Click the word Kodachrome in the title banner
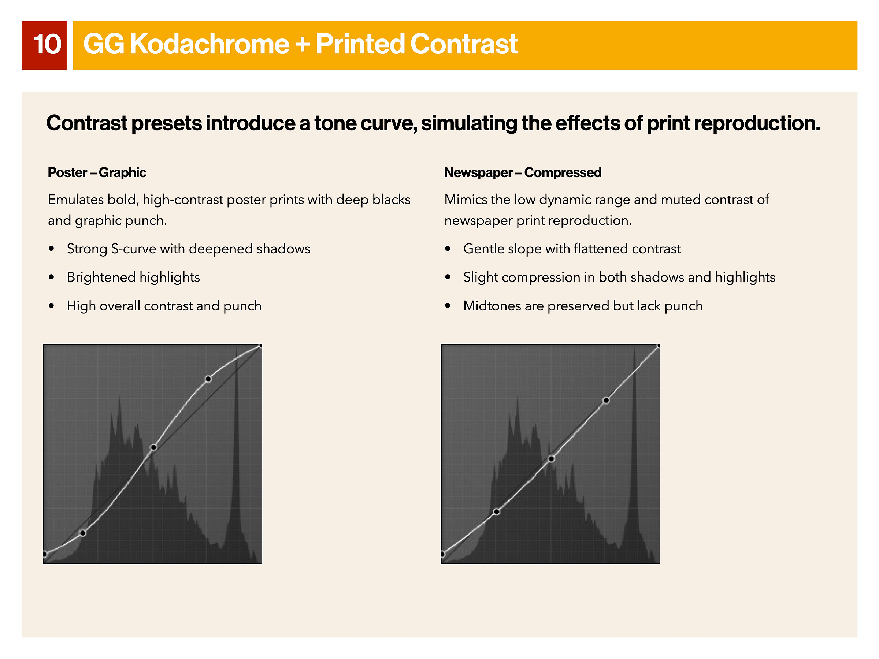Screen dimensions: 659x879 209,44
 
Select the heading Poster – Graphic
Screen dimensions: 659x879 97,172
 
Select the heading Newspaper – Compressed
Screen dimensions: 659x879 523,172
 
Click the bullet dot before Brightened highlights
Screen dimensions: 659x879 51,277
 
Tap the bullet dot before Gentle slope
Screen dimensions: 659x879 448,249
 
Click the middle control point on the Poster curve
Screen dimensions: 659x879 153,448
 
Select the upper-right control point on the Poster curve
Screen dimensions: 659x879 208,379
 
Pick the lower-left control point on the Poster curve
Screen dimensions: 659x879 83,533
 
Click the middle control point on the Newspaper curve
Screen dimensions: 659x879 551,459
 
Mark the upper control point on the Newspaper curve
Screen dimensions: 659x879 606,401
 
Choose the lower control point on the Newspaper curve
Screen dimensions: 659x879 496,511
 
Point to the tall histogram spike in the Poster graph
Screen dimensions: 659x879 237,437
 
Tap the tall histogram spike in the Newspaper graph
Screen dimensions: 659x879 634,437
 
